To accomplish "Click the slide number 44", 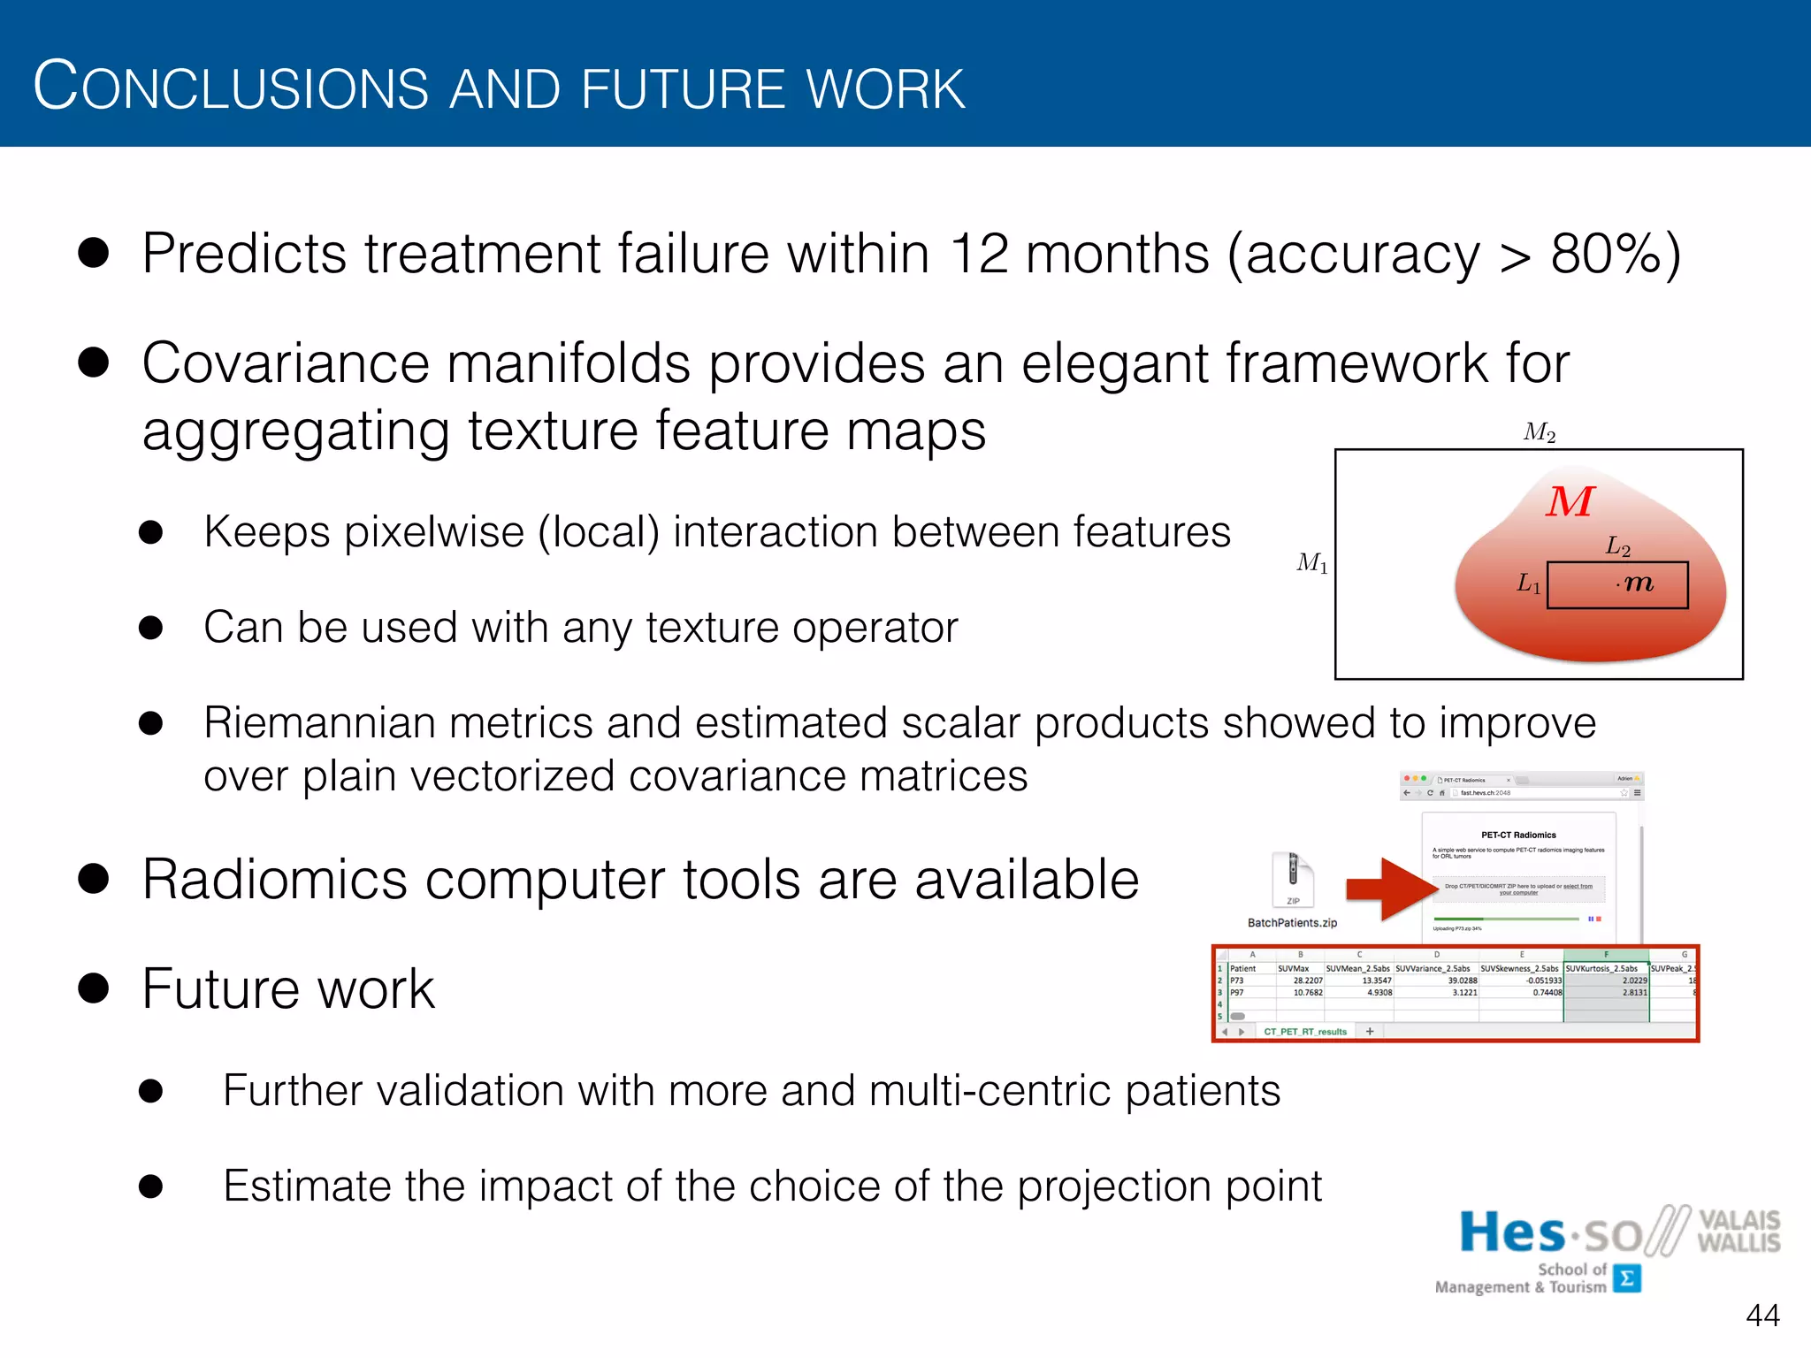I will [x=1761, y=1316].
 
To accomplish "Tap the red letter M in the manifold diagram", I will [x=1570, y=502].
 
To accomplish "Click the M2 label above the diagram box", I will [x=1540, y=432].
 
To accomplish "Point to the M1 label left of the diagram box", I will [x=1312, y=562].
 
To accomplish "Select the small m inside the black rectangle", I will [x=1638, y=584].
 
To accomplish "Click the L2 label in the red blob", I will [x=1617, y=546].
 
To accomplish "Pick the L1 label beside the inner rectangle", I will [x=1529, y=584].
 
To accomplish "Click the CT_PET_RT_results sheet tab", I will [x=1304, y=1032].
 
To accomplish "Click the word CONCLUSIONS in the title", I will [x=230, y=87].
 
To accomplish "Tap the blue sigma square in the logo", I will [x=1627, y=1278].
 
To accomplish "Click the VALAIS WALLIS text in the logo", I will [x=1738, y=1231].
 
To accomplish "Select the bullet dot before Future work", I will [x=94, y=988].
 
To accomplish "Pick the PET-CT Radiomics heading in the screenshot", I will [x=1518, y=835].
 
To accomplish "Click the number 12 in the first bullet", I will [x=979, y=255].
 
